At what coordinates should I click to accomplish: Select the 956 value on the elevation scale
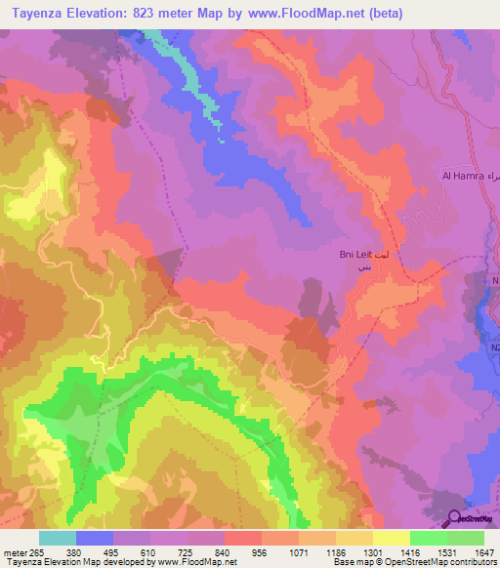click(x=261, y=551)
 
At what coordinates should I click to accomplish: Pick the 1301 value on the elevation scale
click(x=372, y=551)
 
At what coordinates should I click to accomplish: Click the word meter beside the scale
click(x=15, y=551)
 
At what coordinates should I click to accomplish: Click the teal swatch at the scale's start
click(x=58, y=538)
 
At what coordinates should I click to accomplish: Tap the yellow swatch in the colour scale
click(x=392, y=538)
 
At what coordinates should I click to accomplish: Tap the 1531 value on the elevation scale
click(x=446, y=551)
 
